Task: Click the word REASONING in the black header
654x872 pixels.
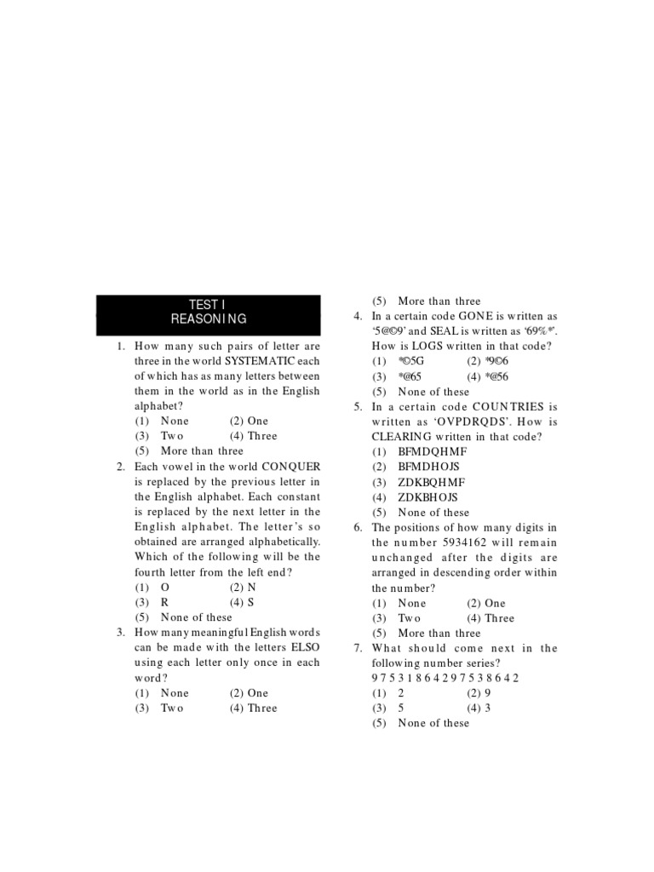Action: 209,319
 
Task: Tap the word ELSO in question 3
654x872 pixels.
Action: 302,648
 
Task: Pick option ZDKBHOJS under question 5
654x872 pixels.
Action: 428,497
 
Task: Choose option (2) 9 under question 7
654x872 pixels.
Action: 485,693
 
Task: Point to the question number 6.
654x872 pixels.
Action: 359,528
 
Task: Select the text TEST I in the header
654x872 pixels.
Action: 209,304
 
